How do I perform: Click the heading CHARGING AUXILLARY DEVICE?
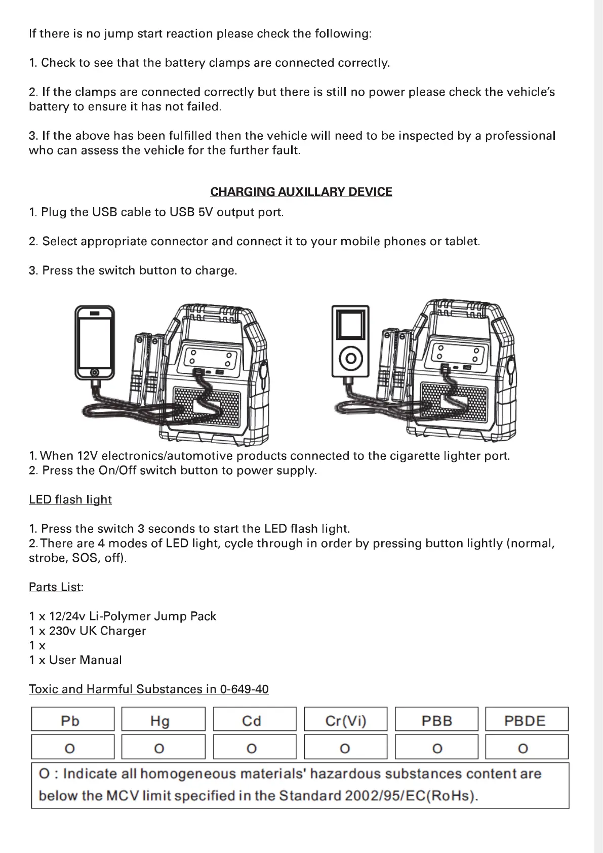(301, 192)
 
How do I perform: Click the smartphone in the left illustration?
(94, 342)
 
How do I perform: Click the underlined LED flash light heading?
(70, 499)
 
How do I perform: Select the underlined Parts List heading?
(55, 587)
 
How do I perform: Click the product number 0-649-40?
(245, 689)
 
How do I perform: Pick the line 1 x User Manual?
(75, 660)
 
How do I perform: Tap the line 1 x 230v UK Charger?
(88, 631)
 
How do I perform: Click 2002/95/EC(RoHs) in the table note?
(410, 795)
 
